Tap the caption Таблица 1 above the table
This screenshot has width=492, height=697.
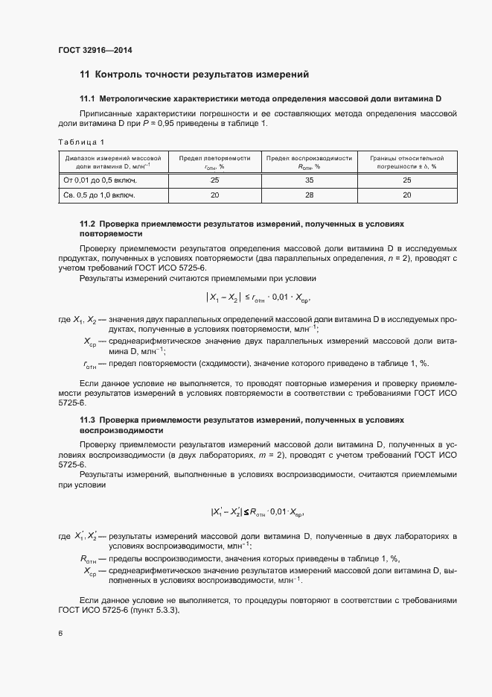[x=81, y=142]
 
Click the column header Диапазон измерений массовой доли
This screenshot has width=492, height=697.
[x=113, y=163]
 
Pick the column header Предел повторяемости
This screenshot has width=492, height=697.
[x=214, y=163]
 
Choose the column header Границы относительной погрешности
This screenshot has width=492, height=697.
[x=406, y=163]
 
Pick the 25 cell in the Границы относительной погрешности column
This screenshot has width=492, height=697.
[x=406, y=180]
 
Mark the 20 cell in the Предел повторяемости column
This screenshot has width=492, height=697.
[x=214, y=195]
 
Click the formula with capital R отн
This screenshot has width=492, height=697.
[x=258, y=512]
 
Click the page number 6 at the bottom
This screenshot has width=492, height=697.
[x=60, y=634]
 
